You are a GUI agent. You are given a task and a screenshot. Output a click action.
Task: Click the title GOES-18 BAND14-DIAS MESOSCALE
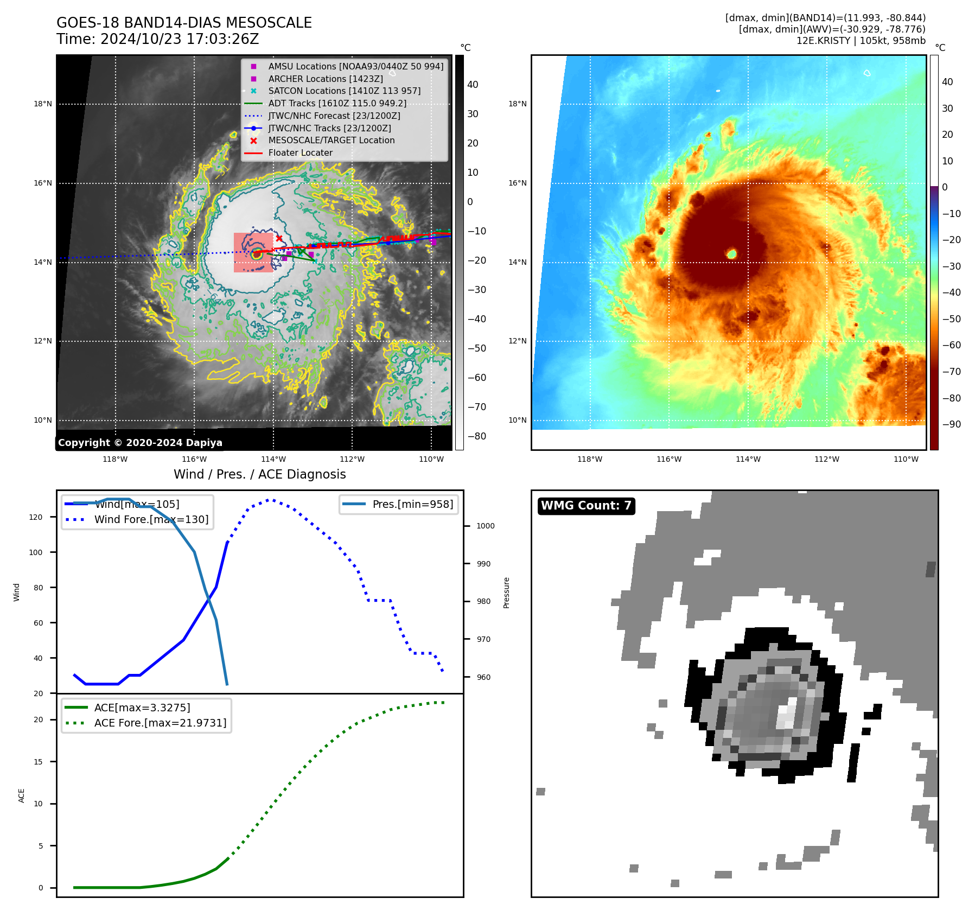pos(184,23)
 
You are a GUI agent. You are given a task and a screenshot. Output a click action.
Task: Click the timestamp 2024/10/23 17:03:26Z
pos(179,40)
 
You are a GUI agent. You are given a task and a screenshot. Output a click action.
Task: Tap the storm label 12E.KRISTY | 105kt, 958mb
pos(861,41)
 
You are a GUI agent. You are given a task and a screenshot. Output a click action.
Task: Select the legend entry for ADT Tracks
pos(336,104)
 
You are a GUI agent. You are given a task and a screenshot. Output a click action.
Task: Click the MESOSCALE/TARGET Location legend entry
pos(331,141)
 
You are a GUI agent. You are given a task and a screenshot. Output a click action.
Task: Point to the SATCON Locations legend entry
pos(344,91)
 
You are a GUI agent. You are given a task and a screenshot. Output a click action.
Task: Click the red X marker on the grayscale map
pos(279,238)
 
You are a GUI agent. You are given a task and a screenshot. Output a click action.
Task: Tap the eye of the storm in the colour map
pos(731,253)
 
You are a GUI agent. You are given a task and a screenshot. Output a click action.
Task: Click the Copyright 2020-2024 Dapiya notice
pos(140,443)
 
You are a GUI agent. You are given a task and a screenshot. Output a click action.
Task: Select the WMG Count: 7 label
pos(586,506)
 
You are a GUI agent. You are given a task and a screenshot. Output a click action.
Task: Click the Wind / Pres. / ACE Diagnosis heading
pos(259,474)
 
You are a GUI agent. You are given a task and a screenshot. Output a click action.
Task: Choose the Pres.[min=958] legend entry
pos(412,505)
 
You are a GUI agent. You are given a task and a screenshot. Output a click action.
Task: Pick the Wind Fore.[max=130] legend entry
pos(151,520)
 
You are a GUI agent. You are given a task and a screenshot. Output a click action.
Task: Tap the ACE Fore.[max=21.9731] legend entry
pos(160,723)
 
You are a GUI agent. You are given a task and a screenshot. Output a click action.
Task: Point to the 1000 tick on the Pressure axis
pos(485,526)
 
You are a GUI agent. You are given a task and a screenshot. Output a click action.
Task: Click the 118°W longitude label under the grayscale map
pos(115,460)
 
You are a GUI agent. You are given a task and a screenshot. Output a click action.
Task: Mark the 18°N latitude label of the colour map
pos(517,104)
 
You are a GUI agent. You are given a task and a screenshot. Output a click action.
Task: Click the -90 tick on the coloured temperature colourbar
pos(951,424)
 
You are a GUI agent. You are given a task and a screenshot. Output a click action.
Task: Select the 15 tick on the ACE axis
pos(39,762)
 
